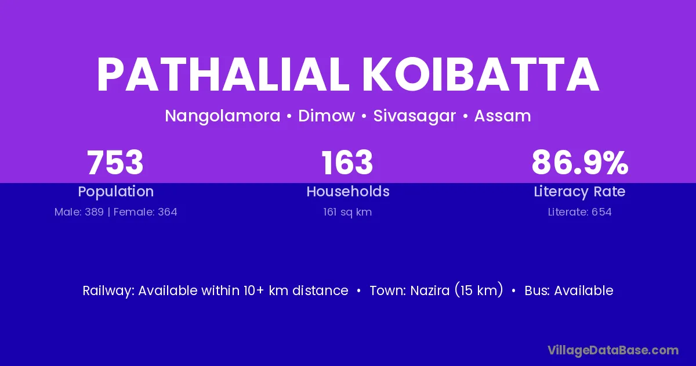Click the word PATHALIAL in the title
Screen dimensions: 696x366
coord(223,75)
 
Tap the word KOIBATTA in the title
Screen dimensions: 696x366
coord(481,75)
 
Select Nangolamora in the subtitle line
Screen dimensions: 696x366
coord(223,116)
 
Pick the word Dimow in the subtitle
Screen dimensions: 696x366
coord(327,116)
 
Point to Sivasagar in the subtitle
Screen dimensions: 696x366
coord(415,116)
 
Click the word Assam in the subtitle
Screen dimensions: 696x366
coord(502,116)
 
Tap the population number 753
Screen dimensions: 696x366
coord(115,163)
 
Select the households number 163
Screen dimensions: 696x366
coord(347,163)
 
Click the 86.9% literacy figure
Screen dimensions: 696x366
coord(580,163)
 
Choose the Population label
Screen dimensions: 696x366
coord(116,192)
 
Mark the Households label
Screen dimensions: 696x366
coord(348,191)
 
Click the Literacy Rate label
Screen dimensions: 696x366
coord(579,192)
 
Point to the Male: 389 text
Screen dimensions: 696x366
coord(79,212)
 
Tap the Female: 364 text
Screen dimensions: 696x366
coord(146,212)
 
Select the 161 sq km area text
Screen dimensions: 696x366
coord(347,212)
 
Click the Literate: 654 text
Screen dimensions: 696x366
coord(580,212)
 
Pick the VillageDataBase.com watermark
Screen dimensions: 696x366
coord(613,350)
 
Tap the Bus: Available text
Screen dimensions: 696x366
coord(569,290)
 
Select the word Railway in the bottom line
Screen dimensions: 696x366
coord(107,291)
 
